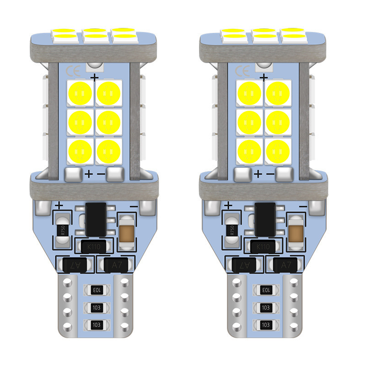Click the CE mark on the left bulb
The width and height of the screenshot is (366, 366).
tap(73, 72)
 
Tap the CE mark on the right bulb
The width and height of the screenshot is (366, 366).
tap(241, 72)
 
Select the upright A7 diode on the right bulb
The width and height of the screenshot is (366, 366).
tap(284, 264)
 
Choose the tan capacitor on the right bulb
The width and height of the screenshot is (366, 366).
tap(296, 231)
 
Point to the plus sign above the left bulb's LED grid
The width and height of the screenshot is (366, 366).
tap(95, 78)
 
